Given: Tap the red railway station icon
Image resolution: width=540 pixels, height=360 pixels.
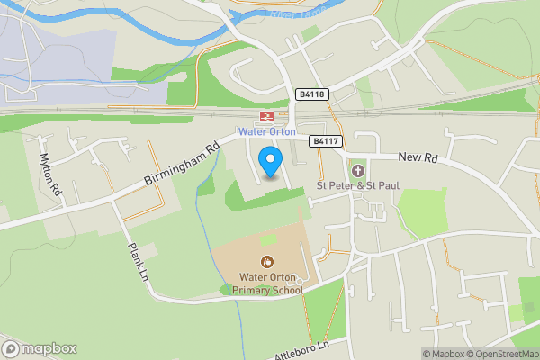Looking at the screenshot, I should [266, 117].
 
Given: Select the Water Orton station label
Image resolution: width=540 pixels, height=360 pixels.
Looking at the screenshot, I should [267, 132].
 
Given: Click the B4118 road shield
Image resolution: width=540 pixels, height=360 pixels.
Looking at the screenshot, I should [310, 94].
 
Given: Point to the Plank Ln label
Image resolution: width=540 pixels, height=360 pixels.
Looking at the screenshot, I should [137, 261].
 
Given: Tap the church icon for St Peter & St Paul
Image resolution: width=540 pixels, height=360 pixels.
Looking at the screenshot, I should [356, 171].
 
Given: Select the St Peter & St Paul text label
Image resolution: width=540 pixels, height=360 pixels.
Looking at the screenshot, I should [356, 186].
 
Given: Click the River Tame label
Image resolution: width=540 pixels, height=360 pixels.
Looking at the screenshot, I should [294, 13].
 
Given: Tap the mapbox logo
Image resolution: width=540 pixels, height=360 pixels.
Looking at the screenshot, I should [40, 348].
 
